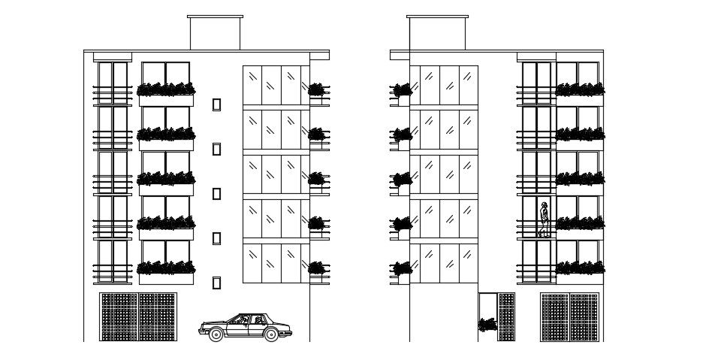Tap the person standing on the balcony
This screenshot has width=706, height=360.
point(544,219)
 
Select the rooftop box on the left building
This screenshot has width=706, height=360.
point(215,33)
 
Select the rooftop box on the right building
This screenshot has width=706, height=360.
point(437,33)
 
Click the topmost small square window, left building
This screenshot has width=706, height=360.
point(216,104)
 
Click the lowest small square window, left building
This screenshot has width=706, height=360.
point(216,283)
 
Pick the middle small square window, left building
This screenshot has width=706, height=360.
point(216,194)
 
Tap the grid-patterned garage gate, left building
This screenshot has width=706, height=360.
point(138,316)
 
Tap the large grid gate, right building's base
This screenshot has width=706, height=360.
point(570,316)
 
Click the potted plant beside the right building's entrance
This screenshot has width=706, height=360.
point(487,325)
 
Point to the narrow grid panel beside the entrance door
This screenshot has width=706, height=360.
point(507,316)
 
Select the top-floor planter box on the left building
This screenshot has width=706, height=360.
point(166,90)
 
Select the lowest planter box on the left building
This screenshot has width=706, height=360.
point(166,268)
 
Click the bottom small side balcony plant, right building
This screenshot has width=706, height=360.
point(403,268)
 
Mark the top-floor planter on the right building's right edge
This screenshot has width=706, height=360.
point(579,90)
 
